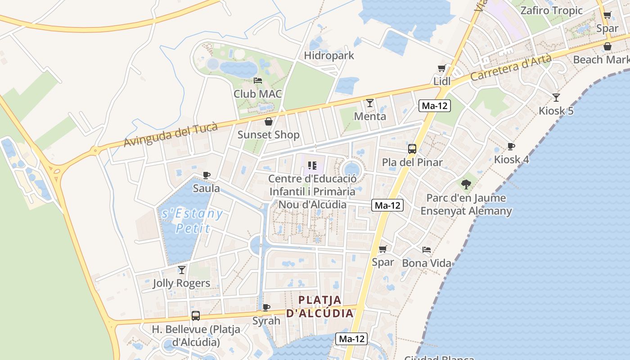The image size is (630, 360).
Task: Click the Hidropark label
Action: click(x=329, y=55)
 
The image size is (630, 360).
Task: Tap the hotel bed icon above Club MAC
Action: click(x=258, y=81)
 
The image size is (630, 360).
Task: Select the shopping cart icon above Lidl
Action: click(x=442, y=68)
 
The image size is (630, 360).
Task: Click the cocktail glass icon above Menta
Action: click(x=369, y=103)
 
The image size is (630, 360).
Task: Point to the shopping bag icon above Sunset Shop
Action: click(x=269, y=121)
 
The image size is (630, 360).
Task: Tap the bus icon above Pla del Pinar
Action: click(x=412, y=149)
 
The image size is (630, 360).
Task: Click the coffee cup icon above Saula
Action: click(x=206, y=175)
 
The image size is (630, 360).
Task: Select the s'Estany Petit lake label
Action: click(x=192, y=220)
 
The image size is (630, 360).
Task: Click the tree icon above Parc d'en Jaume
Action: click(x=466, y=184)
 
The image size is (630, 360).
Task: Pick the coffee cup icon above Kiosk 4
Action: click(x=511, y=146)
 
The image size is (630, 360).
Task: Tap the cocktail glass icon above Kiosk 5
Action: click(x=556, y=97)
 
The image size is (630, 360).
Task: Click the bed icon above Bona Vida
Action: click(x=427, y=250)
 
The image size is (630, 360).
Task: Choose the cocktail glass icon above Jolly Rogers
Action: click(x=181, y=270)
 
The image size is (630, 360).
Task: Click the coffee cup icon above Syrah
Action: click(x=266, y=308)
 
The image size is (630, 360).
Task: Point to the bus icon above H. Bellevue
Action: click(x=195, y=316)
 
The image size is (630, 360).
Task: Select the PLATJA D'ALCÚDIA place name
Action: click(x=320, y=306)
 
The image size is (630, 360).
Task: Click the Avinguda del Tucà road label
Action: click(x=171, y=134)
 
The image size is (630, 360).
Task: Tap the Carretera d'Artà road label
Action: click(x=511, y=67)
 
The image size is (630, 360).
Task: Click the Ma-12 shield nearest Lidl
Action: click(x=434, y=106)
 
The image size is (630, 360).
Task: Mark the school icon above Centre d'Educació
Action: click(x=312, y=166)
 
